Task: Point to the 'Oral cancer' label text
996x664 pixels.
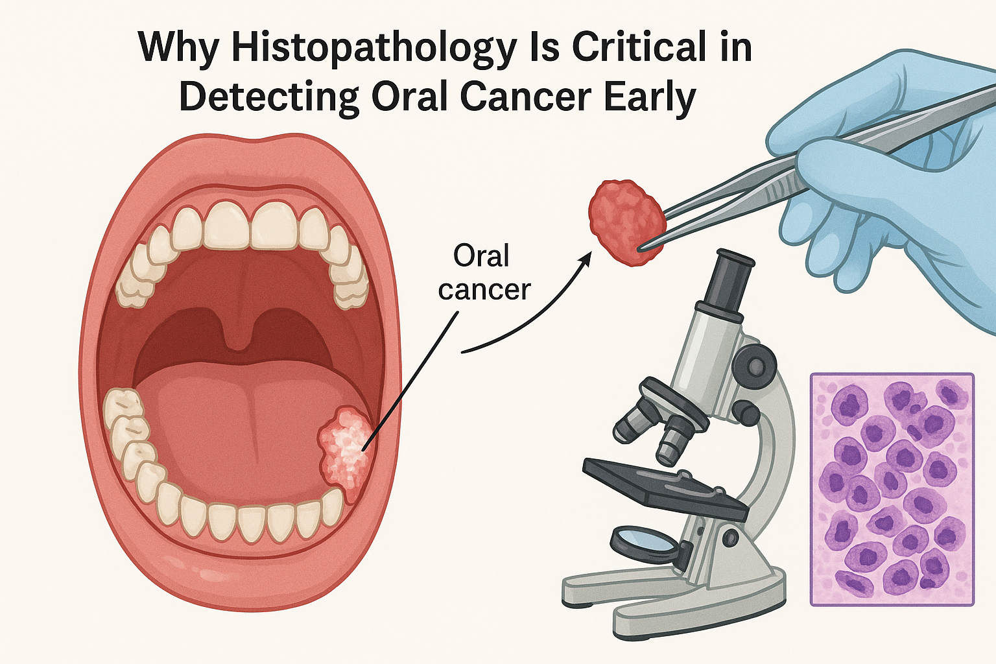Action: (484, 272)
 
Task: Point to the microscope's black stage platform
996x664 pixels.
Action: (661, 483)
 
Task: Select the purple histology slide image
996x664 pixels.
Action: (892, 490)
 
